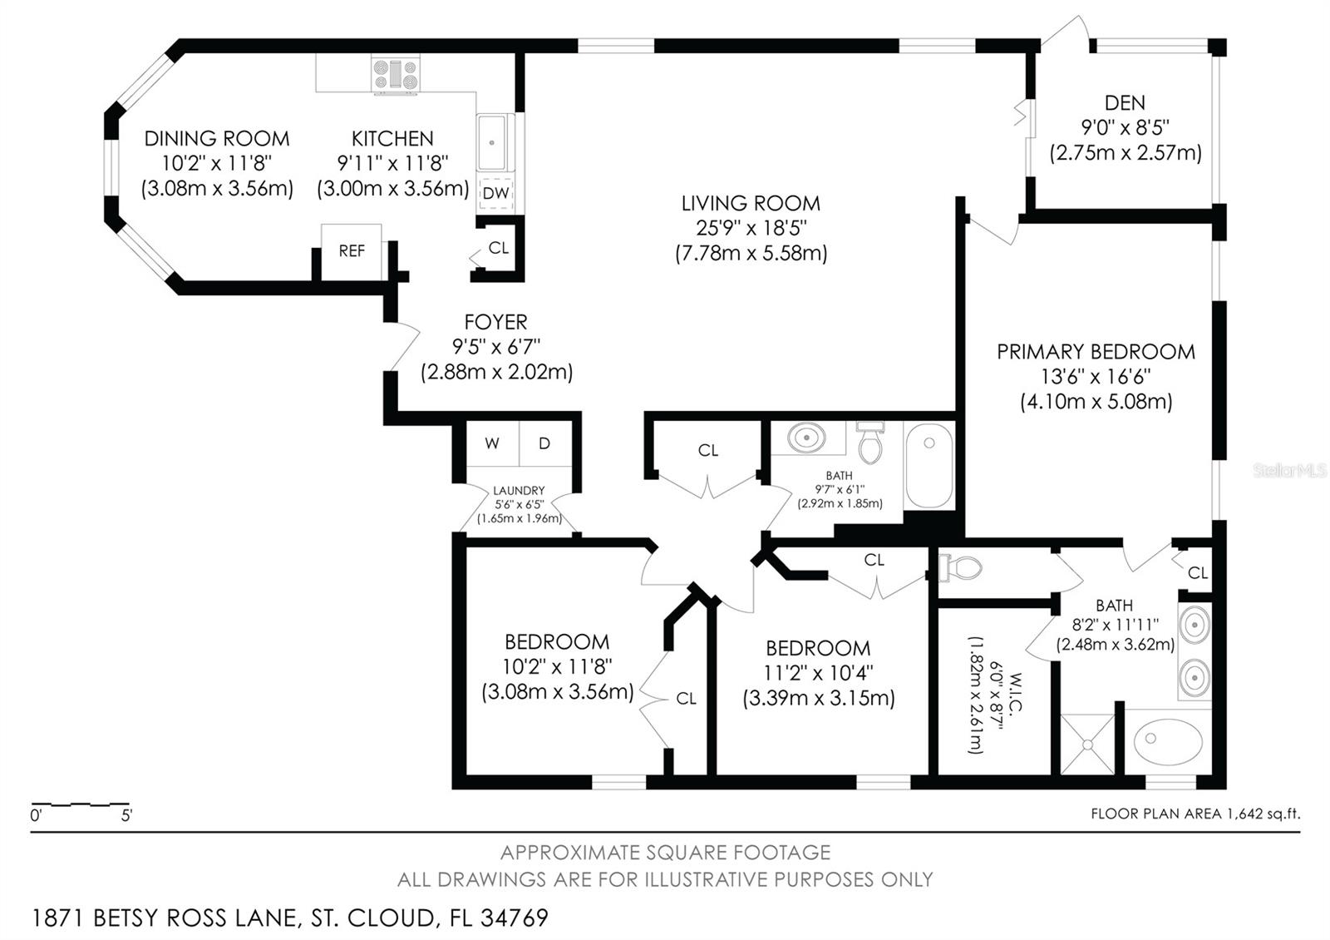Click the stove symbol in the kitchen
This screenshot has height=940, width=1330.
click(396, 74)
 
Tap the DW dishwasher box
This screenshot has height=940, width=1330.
click(495, 193)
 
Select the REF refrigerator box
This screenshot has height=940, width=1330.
click(352, 251)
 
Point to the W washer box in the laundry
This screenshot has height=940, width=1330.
click(492, 443)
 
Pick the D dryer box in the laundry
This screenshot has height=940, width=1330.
click(544, 443)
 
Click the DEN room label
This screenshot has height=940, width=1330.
click(1125, 103)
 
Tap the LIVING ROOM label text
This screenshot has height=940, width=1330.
click(751, 203)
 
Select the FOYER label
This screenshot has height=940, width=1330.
click(495, 322)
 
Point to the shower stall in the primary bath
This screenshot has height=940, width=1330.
click(1087, 744)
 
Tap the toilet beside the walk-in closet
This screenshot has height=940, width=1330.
click(960, 568)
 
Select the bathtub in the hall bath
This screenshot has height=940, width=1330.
click(929, 465)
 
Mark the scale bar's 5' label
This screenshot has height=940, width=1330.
click(126, 816)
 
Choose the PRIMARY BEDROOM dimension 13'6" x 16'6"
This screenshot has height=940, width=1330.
click(1096, 377)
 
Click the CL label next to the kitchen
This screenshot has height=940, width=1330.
click(499, 248)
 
